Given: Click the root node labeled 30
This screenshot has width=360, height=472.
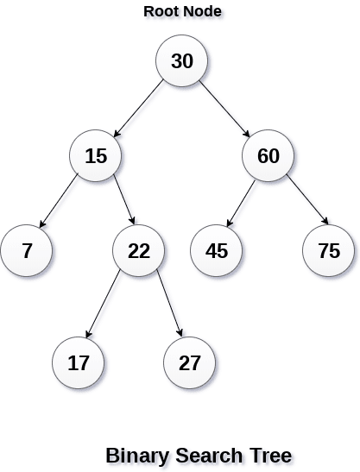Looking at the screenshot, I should point(181,61).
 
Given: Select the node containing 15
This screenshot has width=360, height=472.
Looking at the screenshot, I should point(95,156).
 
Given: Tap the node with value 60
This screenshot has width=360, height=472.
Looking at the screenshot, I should point(268,156).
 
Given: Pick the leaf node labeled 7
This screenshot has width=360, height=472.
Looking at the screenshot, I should point(27,251).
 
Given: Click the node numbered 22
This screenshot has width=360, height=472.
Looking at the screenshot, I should point(138,251).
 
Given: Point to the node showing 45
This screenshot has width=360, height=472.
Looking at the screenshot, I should point(216,251).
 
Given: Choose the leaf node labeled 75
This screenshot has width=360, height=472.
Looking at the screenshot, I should point(328,251).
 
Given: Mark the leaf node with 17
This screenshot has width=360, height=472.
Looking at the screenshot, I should point(78,362).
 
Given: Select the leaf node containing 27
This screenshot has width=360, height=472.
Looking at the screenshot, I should point(190,362).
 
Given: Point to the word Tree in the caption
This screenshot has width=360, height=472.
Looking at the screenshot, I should point(268,455).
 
